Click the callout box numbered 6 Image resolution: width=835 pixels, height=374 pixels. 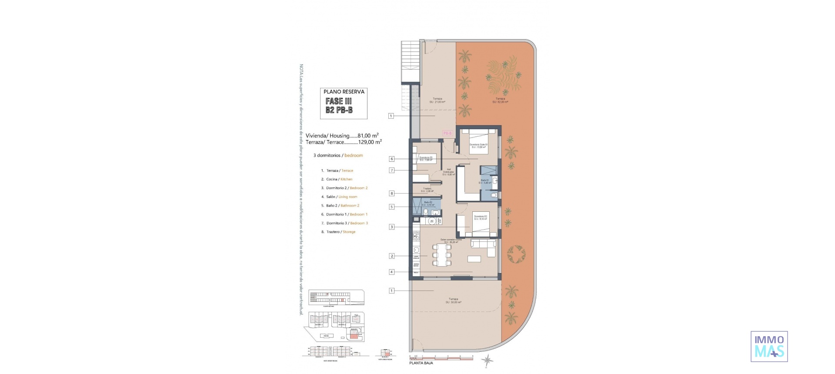(391, 159)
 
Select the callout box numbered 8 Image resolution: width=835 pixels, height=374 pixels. (391, 194)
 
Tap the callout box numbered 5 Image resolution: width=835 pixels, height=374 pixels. (391, 207)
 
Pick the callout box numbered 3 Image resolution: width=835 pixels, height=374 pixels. (391, 227)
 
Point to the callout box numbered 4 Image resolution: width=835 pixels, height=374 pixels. (391, 272)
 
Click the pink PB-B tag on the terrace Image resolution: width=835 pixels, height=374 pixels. (448, 133)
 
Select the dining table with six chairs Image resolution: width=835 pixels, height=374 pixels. (441, 255)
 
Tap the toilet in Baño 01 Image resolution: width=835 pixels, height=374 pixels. (494, 195)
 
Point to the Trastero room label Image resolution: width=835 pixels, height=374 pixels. (427, 190)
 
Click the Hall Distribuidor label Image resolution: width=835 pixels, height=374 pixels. (448, 172)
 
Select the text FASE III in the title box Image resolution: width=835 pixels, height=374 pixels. (339, 101)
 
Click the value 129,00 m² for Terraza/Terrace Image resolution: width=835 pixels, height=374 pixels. (370, 142)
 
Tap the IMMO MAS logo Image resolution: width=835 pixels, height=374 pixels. (769, 346)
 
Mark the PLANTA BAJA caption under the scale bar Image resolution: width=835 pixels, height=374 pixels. (421, 363)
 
